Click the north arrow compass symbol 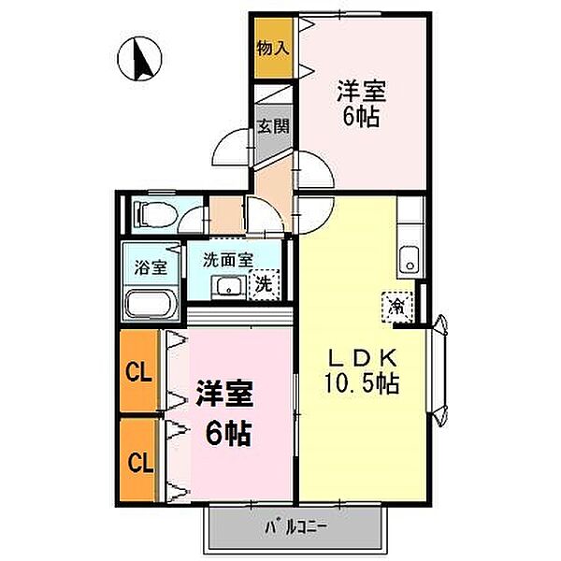click(139, 59)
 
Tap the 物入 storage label click(273, 48)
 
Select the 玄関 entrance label click(274, 126)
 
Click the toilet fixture click(155, 215)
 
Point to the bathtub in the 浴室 click(151, 304)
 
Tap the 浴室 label click(151, 267)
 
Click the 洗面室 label click(228, 260)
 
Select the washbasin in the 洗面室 click(228, 286)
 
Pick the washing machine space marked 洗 click(264, 284)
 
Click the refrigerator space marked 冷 click(397, 307)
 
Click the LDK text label click(362, 357)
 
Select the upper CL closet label click(138, 372)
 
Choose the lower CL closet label click(140, 462)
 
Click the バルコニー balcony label click(295, 526)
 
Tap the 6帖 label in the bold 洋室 click(228, 433)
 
